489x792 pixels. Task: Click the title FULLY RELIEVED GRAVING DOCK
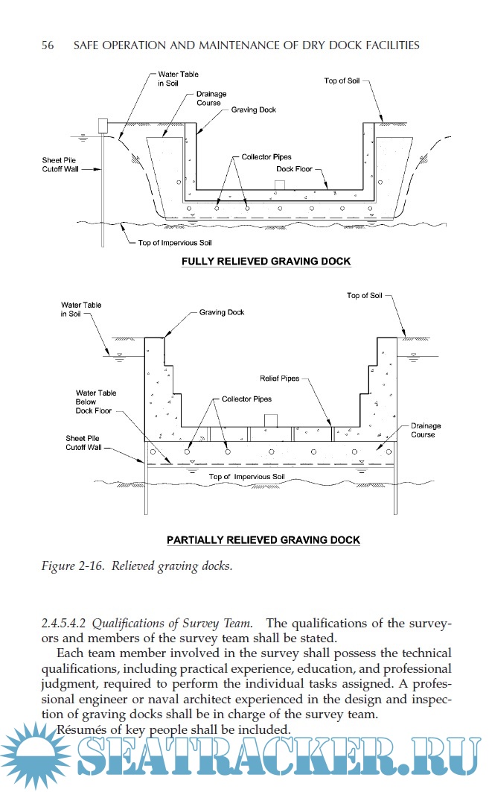tap(266, 262)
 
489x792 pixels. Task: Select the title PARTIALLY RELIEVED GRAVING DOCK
tap(263, 539)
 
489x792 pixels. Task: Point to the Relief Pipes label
tap(279, 378)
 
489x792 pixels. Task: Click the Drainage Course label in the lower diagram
tap(426, 430)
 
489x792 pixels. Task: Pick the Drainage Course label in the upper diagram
tap(208, 98)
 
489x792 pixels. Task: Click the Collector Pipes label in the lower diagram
tap(246, 399)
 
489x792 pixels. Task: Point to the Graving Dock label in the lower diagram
tap(222, 312)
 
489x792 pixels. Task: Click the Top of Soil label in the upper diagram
tap(342, 80)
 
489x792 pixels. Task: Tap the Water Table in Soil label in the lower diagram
tap(81, 309)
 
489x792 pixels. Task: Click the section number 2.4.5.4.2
tap(71, 623)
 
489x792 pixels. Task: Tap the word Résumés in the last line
tap(85, 729)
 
